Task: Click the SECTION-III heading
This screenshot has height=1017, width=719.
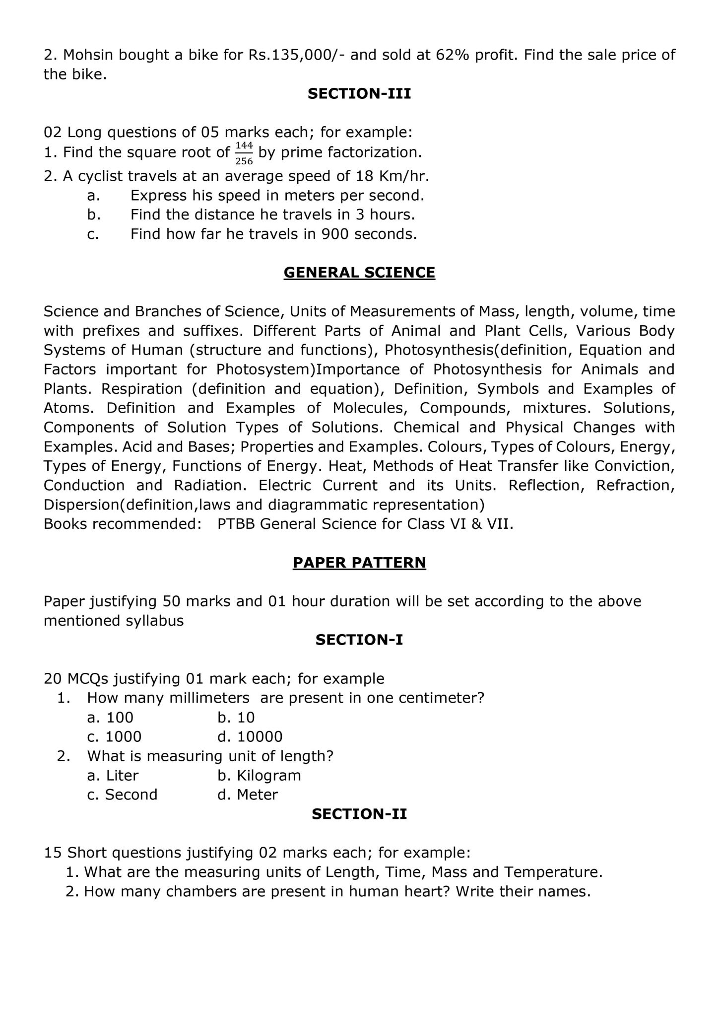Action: [x=359, y=94]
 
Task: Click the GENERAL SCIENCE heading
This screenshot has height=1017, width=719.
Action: [x=359, y=273]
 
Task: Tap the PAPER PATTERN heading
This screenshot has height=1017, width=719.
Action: [x=359, y=563]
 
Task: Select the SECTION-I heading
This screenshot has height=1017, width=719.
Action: [x=359, y=640]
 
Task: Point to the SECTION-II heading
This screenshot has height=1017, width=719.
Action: [x=359, y=814]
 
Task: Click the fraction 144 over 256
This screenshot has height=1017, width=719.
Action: [x=244, y=153]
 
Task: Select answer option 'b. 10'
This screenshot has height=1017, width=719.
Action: [x=236, y=718]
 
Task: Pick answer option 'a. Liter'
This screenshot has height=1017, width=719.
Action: [x=113, y=776]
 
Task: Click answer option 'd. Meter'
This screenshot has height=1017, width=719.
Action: [x=248, y=795]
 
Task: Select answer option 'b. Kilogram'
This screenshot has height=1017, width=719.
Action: [x=259, y=776]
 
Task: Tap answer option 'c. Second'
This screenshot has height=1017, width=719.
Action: [x=122, y=795]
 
